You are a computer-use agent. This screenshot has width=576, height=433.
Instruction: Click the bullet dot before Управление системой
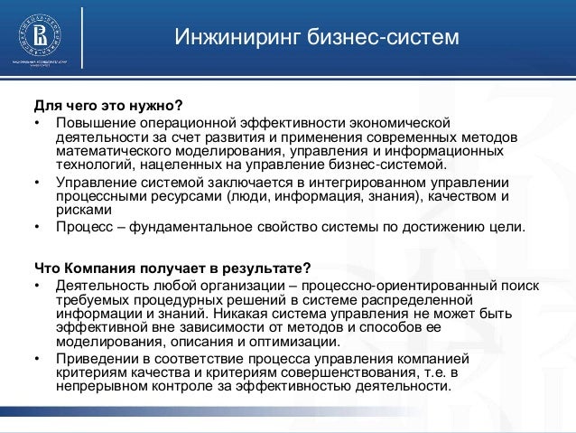(x=37, y=181)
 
